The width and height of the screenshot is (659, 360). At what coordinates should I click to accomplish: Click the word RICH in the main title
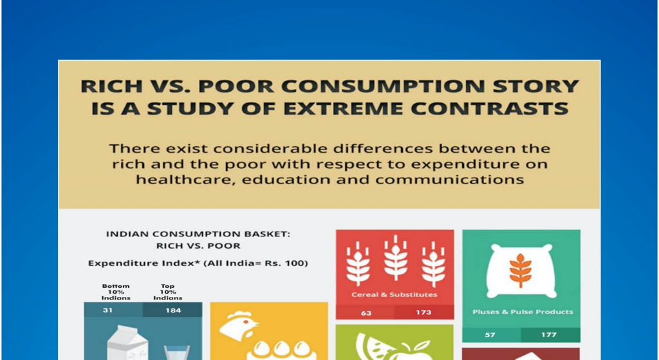106,86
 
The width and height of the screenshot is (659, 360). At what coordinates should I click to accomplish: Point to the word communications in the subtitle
449,180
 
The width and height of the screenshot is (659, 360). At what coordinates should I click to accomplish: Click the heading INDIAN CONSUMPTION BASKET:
198,234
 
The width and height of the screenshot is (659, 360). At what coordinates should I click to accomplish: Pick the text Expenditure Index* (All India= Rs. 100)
198,263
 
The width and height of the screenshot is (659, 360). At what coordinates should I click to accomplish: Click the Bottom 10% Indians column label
116,292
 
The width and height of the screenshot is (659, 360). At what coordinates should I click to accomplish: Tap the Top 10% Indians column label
168,292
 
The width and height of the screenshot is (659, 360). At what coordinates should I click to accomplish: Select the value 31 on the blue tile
107,310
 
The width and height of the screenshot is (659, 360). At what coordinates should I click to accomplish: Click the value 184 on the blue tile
173,310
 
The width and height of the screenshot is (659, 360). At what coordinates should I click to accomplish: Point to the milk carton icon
127,343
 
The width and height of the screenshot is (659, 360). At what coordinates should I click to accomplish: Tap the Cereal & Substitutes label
394,295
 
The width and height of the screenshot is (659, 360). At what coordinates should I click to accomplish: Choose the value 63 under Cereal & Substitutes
366,313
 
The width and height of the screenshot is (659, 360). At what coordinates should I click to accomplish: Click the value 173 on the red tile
423,312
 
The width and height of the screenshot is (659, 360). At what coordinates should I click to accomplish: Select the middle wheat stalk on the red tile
396,258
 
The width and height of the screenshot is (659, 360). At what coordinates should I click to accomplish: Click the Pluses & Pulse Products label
523,312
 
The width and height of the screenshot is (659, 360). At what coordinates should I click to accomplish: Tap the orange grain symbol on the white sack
520,270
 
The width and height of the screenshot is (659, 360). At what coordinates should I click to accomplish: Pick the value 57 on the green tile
490,335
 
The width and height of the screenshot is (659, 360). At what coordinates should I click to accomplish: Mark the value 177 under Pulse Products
549,335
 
